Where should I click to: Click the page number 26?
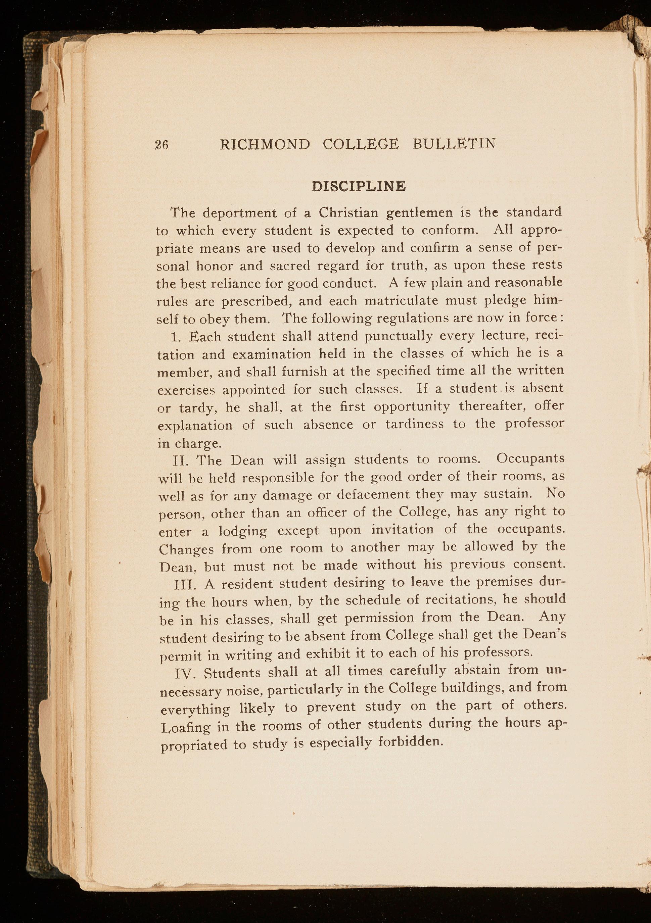[161, 145]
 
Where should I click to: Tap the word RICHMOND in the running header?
[265, 144]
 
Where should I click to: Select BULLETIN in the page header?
[454, 144]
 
